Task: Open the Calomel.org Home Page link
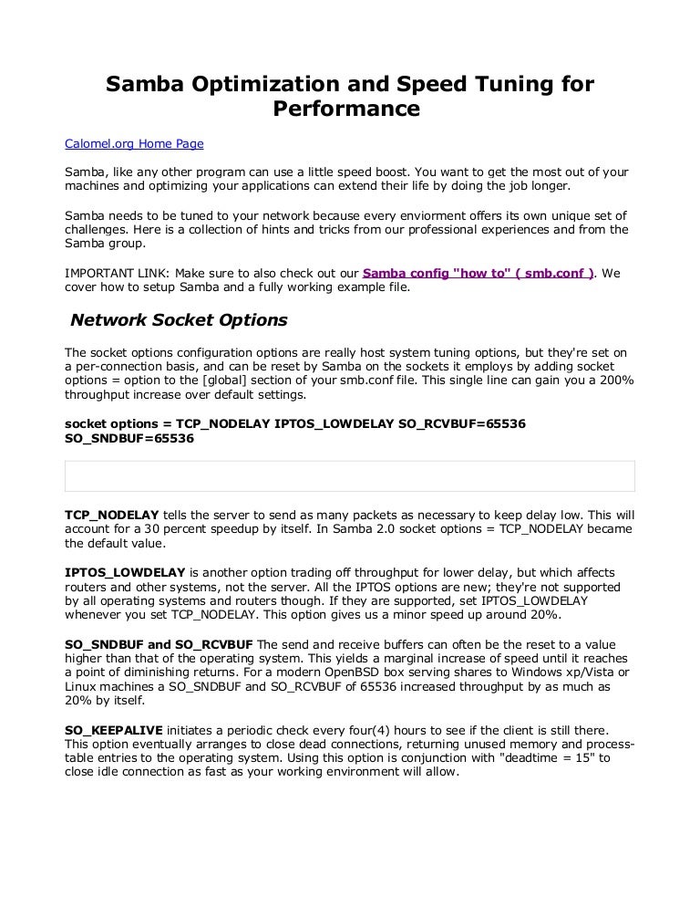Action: point(134,143)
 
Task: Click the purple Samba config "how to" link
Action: point(479,273)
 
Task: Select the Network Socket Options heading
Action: point(179,320)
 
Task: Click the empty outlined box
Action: point(349,475)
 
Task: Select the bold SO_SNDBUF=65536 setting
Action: point(129,438)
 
